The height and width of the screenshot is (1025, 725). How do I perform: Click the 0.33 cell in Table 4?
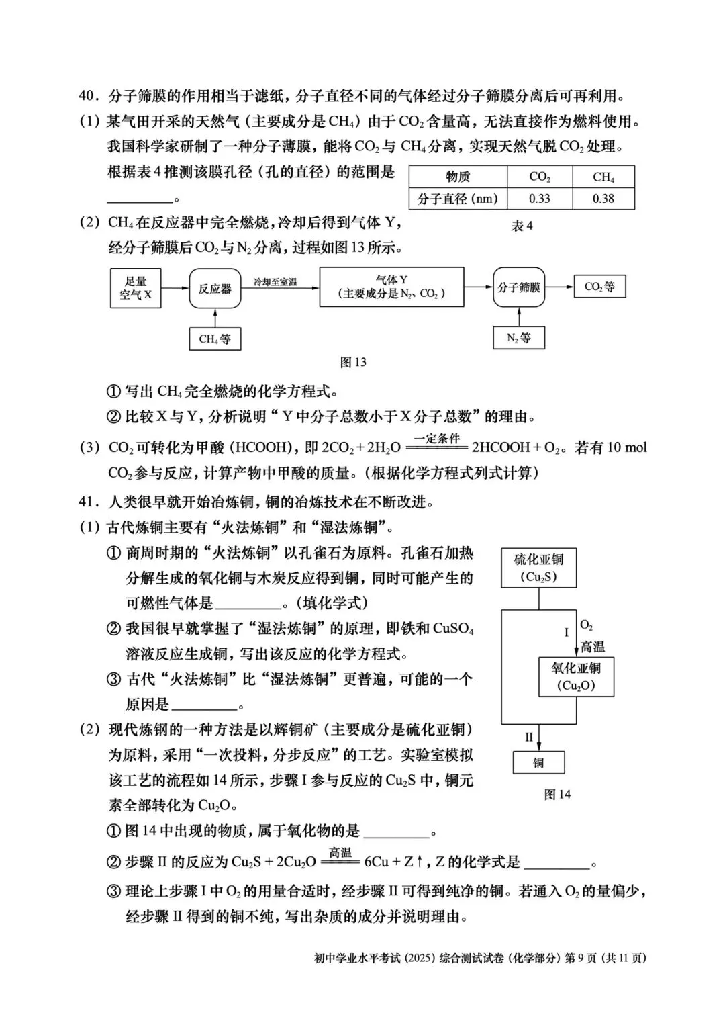(540, 199)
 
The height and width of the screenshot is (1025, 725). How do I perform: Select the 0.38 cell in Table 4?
(603, 199)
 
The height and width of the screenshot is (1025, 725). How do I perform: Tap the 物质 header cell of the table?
(458, 177)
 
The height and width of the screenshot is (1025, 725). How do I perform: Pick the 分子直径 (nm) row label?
(458, 199)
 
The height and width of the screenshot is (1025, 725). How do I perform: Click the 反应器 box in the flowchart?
(215, 288)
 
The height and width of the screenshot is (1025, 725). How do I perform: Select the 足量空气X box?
(136, 288)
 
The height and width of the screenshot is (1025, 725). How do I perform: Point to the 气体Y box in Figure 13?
(391, 287)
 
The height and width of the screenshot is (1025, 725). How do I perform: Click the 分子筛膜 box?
(519, 287)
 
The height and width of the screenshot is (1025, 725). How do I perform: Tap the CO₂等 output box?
(599, 287)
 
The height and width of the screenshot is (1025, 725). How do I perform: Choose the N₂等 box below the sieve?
(519, 338)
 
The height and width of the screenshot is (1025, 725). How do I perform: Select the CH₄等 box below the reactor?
(215, 339)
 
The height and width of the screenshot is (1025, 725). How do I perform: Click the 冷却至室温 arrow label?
(275, 282)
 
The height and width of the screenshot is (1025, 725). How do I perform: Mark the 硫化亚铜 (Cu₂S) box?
(538, 568)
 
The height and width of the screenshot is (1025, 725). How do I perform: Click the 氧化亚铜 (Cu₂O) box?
(576, 676)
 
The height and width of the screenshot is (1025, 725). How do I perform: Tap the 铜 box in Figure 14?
(538, 763)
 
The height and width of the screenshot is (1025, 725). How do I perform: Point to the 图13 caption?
(353, 363)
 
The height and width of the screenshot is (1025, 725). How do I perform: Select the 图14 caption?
(557, 795)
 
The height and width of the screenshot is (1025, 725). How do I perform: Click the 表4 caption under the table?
(522, 226)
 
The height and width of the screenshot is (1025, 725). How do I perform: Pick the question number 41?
(89, 502)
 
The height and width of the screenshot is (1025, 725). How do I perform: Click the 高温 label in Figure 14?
(593, 647)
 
